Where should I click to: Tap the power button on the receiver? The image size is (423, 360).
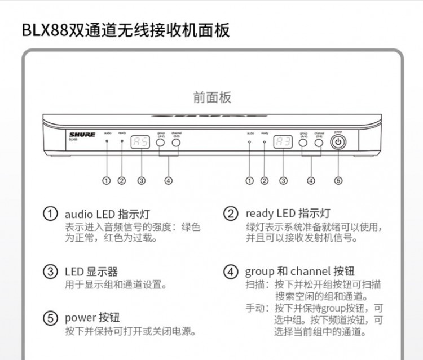(x=338, y=143)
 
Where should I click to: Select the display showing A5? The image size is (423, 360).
(x=140, y=143)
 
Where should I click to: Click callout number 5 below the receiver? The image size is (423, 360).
(x=338, y=181)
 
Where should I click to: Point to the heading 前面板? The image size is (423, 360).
(x=211, y=97)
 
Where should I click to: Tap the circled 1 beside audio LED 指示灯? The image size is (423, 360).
(x=51, y=214)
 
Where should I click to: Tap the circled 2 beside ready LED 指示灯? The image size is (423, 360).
(x=231, y=214)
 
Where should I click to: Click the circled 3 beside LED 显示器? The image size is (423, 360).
(x=51, y=272)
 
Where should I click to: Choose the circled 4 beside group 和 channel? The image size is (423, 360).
(x=231, y=272)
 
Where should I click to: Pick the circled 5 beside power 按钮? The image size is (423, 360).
(x=51, y=318)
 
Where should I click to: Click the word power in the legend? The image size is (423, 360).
(x=81, y=318)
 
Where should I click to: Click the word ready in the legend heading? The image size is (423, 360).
(x=259, y=214)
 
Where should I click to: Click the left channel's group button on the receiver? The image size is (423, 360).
(x=161, y=143)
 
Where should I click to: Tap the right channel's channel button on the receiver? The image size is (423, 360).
(x=319, y=143)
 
